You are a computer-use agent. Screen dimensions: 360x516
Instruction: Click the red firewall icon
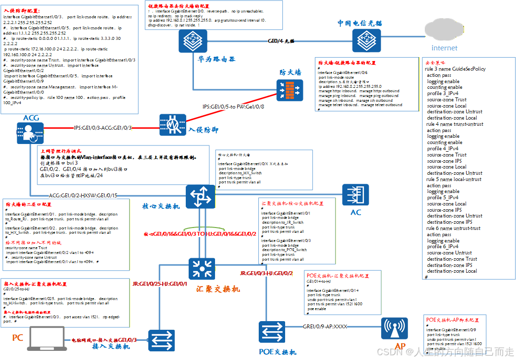coord(290,90)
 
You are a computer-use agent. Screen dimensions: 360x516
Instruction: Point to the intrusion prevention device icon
coord(172,128)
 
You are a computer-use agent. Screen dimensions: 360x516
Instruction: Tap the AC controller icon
coord(356,196)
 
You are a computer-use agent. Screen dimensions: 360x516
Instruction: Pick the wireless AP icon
coord(394,330)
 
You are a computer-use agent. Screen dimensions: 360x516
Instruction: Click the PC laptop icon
coord(47,338)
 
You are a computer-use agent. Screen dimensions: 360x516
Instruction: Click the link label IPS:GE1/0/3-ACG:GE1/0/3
coord(103,128)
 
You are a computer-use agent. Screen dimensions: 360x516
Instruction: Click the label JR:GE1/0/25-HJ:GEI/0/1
coord(160,284)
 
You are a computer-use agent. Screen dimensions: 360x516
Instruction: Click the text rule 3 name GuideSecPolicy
coord(455,69)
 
